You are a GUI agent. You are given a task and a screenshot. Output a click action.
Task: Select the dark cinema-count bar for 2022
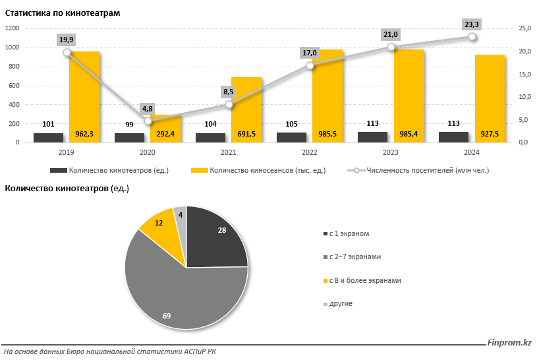292,137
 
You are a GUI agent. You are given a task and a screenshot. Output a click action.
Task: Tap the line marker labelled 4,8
148,121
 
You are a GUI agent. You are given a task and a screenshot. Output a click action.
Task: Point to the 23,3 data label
472,24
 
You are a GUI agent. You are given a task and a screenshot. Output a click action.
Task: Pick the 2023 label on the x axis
390,152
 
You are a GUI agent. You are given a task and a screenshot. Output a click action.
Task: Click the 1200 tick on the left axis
13,28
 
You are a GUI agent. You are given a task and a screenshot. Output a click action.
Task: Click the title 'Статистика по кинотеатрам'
63,13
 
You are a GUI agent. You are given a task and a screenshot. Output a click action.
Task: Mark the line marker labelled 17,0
310,65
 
